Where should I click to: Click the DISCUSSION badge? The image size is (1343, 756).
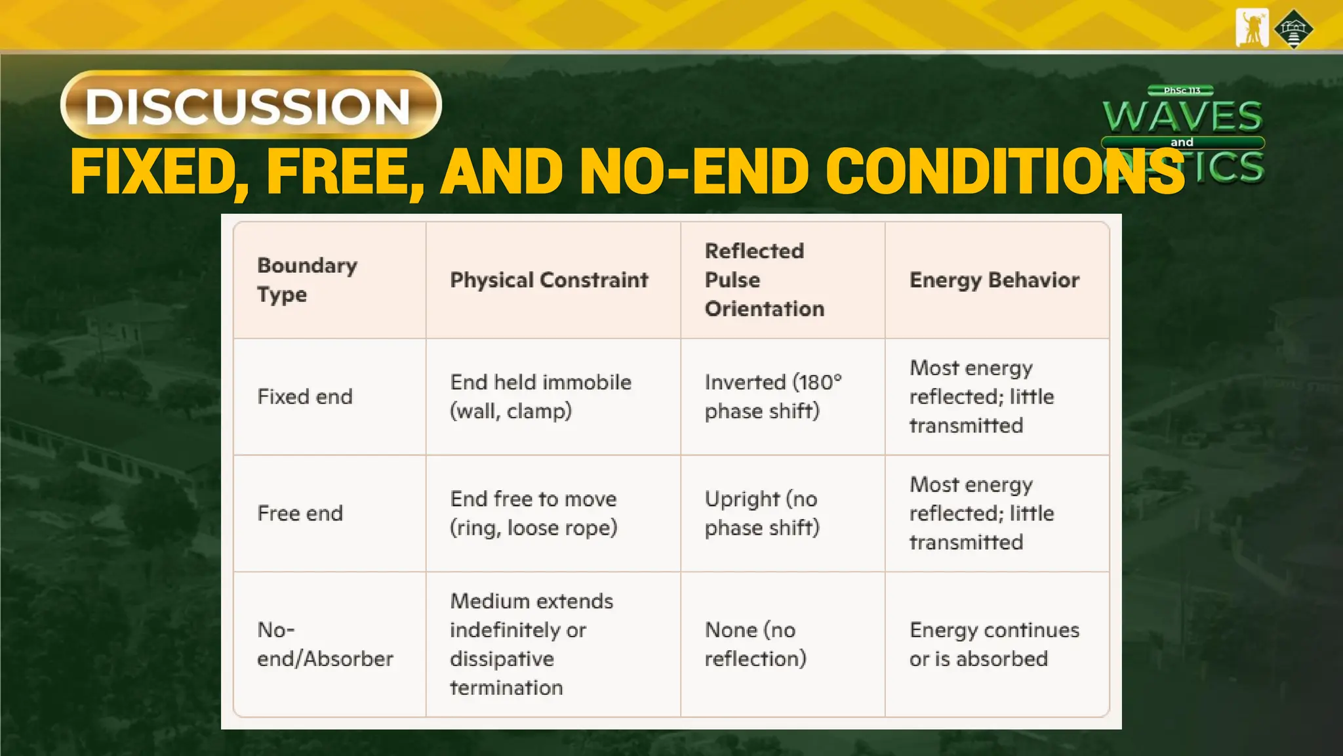click(x=251, y=105)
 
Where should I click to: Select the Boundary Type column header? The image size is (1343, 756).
click(x=307, y=280)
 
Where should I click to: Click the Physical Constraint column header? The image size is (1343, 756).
click(x=549, y=280)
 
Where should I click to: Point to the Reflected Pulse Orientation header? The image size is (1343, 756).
click(x=764, y=280)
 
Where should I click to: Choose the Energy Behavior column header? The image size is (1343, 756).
click(x=994, y=280)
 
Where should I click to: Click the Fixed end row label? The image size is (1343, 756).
click(x=305, y=396)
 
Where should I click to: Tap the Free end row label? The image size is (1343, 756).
click(x=300, y=513)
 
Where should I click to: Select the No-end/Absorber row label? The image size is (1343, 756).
click(x=325, y=644)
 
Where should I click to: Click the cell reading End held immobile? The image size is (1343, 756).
click(x=540, y=396)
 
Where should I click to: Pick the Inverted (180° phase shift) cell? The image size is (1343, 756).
click(x=772, y=396)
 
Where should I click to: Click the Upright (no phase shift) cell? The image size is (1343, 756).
click(x=761, y=513)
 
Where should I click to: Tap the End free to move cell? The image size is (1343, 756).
click(x=533, y=513)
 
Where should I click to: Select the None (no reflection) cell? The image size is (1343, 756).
click(x=755, y=644)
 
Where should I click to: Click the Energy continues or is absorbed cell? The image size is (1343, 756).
click(x=993, y=644)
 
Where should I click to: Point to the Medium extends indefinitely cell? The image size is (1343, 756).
click(x=531, y=644)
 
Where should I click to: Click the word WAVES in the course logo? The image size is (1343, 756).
click(x=1182, y=117)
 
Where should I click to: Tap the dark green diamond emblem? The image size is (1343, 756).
click(x=1293, y=29)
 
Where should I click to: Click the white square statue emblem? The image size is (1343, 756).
click(x=1252, y=28)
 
